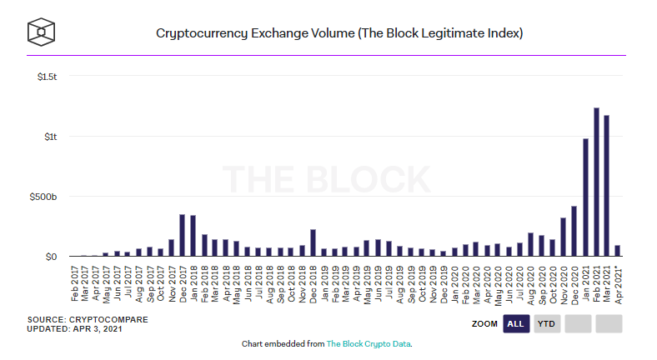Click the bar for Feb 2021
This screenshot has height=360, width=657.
click(597, 182)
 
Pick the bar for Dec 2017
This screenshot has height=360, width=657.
click(182, 236)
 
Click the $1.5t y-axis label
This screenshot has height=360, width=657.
click(47, 77)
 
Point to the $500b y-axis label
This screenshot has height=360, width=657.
click(43, 197)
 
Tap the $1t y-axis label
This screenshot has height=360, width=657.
click(50, 137)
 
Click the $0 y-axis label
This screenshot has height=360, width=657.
click(51, 257)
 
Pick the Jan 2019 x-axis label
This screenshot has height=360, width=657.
click(323, 282)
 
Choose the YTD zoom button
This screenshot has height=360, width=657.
click(547, 323)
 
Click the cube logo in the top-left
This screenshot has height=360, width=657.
click(41, 32)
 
